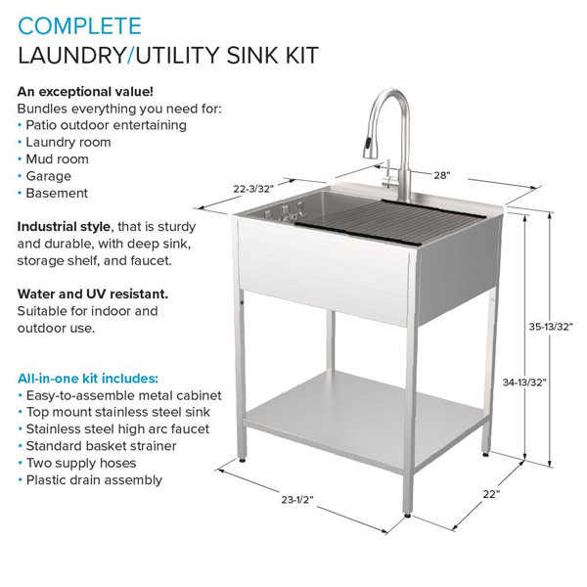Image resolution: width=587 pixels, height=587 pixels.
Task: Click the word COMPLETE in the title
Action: pos(80,26)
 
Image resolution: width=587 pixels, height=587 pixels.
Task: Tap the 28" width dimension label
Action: pos(442,175)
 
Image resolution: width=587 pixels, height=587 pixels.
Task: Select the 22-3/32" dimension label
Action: pos(253,189)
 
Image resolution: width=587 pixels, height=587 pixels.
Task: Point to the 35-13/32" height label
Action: pos(551,327)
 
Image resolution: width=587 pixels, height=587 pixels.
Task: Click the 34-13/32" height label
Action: pos(524,383)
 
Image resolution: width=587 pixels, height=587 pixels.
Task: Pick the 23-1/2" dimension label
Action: pos(297,499)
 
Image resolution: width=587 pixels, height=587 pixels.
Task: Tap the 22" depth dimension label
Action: pos(491,494)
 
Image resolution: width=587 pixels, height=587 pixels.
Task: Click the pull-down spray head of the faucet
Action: pos(368,147)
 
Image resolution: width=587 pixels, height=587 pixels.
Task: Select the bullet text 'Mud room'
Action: pos(58,159)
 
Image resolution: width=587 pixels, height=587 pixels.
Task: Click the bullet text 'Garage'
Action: pos(48,176)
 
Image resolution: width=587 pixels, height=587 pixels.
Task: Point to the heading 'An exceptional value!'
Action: pos(85,92)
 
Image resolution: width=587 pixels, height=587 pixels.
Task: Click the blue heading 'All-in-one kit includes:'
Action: pos(88,379)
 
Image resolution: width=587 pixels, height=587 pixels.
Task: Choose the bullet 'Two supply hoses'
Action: pos(81,463)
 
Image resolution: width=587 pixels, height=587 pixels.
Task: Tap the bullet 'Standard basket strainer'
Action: pos(102,446)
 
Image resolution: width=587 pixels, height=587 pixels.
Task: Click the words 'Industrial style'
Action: pos(64,227)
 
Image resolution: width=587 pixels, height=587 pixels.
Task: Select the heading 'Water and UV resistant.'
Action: pos(93,294)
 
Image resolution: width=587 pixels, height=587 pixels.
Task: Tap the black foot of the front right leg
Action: pos(408,516)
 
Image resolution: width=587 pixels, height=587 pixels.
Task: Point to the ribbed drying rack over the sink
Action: pos(389,221)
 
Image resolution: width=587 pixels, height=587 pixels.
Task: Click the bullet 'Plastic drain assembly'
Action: pos(94,480)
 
